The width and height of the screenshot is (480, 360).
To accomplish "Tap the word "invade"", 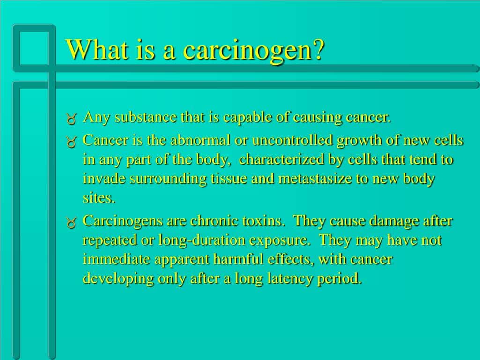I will (x=103, y=179).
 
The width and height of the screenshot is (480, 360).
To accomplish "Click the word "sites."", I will (x=99, y=198).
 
